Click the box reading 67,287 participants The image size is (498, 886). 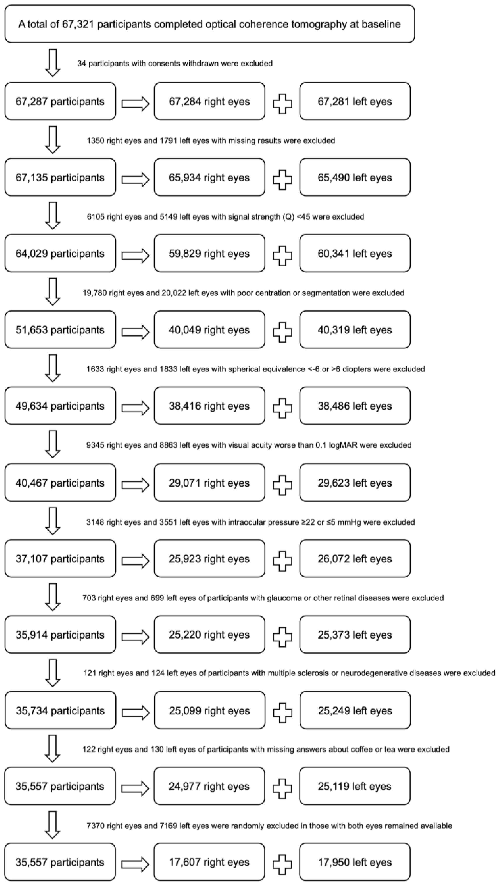[60, 101]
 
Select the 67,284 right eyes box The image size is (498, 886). [209, 101]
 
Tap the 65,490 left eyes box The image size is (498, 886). [354, 178]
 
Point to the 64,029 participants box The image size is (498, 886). [60, 254]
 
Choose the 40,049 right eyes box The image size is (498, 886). [209, 330]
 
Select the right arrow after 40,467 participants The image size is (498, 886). [135, 485]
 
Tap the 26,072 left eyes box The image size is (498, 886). [354, 559]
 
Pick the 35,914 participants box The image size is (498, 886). [60, 635]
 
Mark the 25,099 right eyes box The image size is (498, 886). [209, 711]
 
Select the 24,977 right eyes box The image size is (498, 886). [209, 786]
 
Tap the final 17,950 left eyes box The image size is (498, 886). [354, 862]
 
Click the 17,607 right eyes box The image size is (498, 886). [209, 862]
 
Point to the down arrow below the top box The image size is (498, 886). [53, 63]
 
